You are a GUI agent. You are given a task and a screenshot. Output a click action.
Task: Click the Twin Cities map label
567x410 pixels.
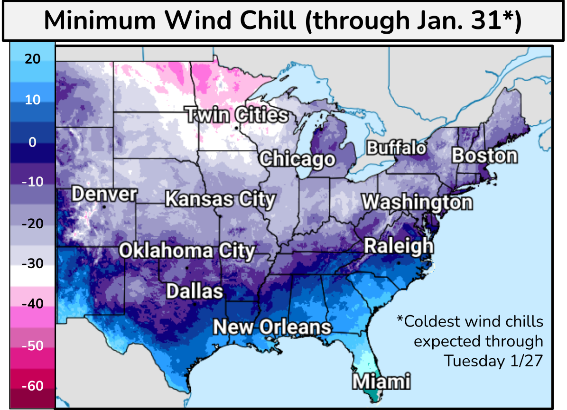[236, 115]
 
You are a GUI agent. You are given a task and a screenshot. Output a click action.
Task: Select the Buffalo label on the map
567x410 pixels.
[397, 148]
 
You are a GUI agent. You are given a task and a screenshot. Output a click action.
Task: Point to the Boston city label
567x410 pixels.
[484, 156]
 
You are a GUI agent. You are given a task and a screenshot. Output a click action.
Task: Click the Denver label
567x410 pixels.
[104, 195]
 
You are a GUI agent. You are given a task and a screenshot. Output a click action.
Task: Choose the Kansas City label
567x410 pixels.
[220, 199]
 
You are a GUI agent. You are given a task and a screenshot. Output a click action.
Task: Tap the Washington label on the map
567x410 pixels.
[417, 203]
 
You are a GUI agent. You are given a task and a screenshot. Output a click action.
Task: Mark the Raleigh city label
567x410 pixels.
[399, 246]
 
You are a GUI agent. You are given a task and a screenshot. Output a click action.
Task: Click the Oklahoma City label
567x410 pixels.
[186, 251]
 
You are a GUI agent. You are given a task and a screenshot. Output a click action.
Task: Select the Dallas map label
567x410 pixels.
[195, 291]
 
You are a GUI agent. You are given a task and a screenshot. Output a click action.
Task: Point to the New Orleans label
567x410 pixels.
[272, 327]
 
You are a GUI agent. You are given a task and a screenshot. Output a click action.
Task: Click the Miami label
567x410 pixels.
[381, 381]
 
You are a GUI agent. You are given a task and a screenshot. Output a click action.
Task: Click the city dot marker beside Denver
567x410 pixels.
[103, 207]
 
